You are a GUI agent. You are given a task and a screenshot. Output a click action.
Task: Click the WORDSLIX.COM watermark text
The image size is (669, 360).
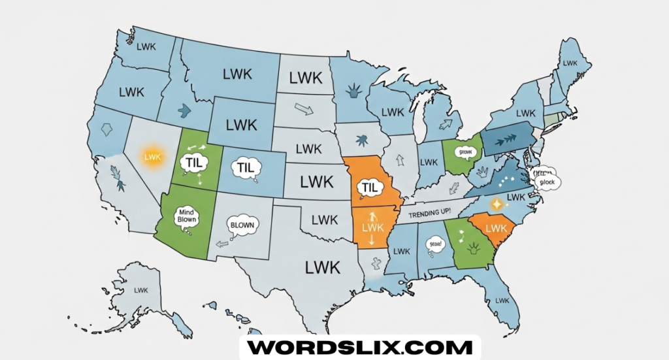(360, 347)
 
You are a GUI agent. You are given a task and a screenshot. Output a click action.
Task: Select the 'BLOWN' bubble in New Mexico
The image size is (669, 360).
(242, 225)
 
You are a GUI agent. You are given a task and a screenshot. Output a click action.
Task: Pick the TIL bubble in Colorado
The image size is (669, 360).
(245, 168)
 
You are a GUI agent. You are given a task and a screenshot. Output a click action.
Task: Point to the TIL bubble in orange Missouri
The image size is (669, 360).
(370, 188)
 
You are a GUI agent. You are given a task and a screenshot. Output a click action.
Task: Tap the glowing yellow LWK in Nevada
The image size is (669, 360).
(152, 157)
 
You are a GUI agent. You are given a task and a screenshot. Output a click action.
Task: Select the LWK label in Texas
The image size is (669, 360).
(322, 267)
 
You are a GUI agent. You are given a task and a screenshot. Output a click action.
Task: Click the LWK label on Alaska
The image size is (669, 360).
(140, 289)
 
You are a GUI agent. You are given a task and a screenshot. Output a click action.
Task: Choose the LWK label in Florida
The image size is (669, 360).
(502, 299)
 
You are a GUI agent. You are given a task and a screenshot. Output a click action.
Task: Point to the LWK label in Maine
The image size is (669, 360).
(570, 63)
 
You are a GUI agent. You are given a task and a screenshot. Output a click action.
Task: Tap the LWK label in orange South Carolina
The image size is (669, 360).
(497, 228)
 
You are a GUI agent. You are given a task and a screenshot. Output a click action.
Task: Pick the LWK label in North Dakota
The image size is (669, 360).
(305, 78)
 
